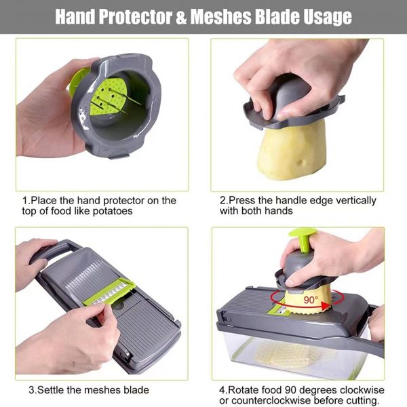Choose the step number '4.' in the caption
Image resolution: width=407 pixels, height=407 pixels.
[x=222, y=389]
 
